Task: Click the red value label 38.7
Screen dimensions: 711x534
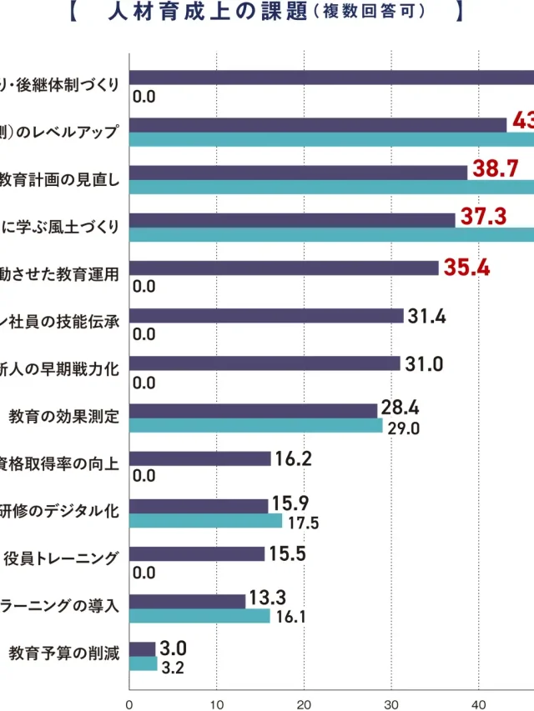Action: click(x=496, y=168)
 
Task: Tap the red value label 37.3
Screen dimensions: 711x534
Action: click(x=484, y=217)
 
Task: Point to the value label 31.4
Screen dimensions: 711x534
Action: click(x=427, y=315)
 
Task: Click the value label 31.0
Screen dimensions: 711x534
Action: click(x=424, y=363)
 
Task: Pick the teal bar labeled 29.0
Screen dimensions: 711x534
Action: click(x=255, y=425)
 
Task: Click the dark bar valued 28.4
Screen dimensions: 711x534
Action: click(x=253, y=411)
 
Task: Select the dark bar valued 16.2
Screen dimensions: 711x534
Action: click(x=200, y=458)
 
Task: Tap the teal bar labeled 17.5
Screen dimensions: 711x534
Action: click(x=205, y=521)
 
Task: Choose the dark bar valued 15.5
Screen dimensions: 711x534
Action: click(x=197, y=554)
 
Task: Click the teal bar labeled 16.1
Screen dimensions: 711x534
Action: click(x=199, y=616)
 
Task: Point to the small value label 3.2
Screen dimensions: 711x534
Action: click(x=172, y=667)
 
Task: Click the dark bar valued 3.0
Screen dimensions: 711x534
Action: click(x=142, y=649)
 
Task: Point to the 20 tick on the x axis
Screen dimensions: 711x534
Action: click(x=304, y=703)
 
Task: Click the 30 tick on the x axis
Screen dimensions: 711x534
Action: click(x=391, y=703)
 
